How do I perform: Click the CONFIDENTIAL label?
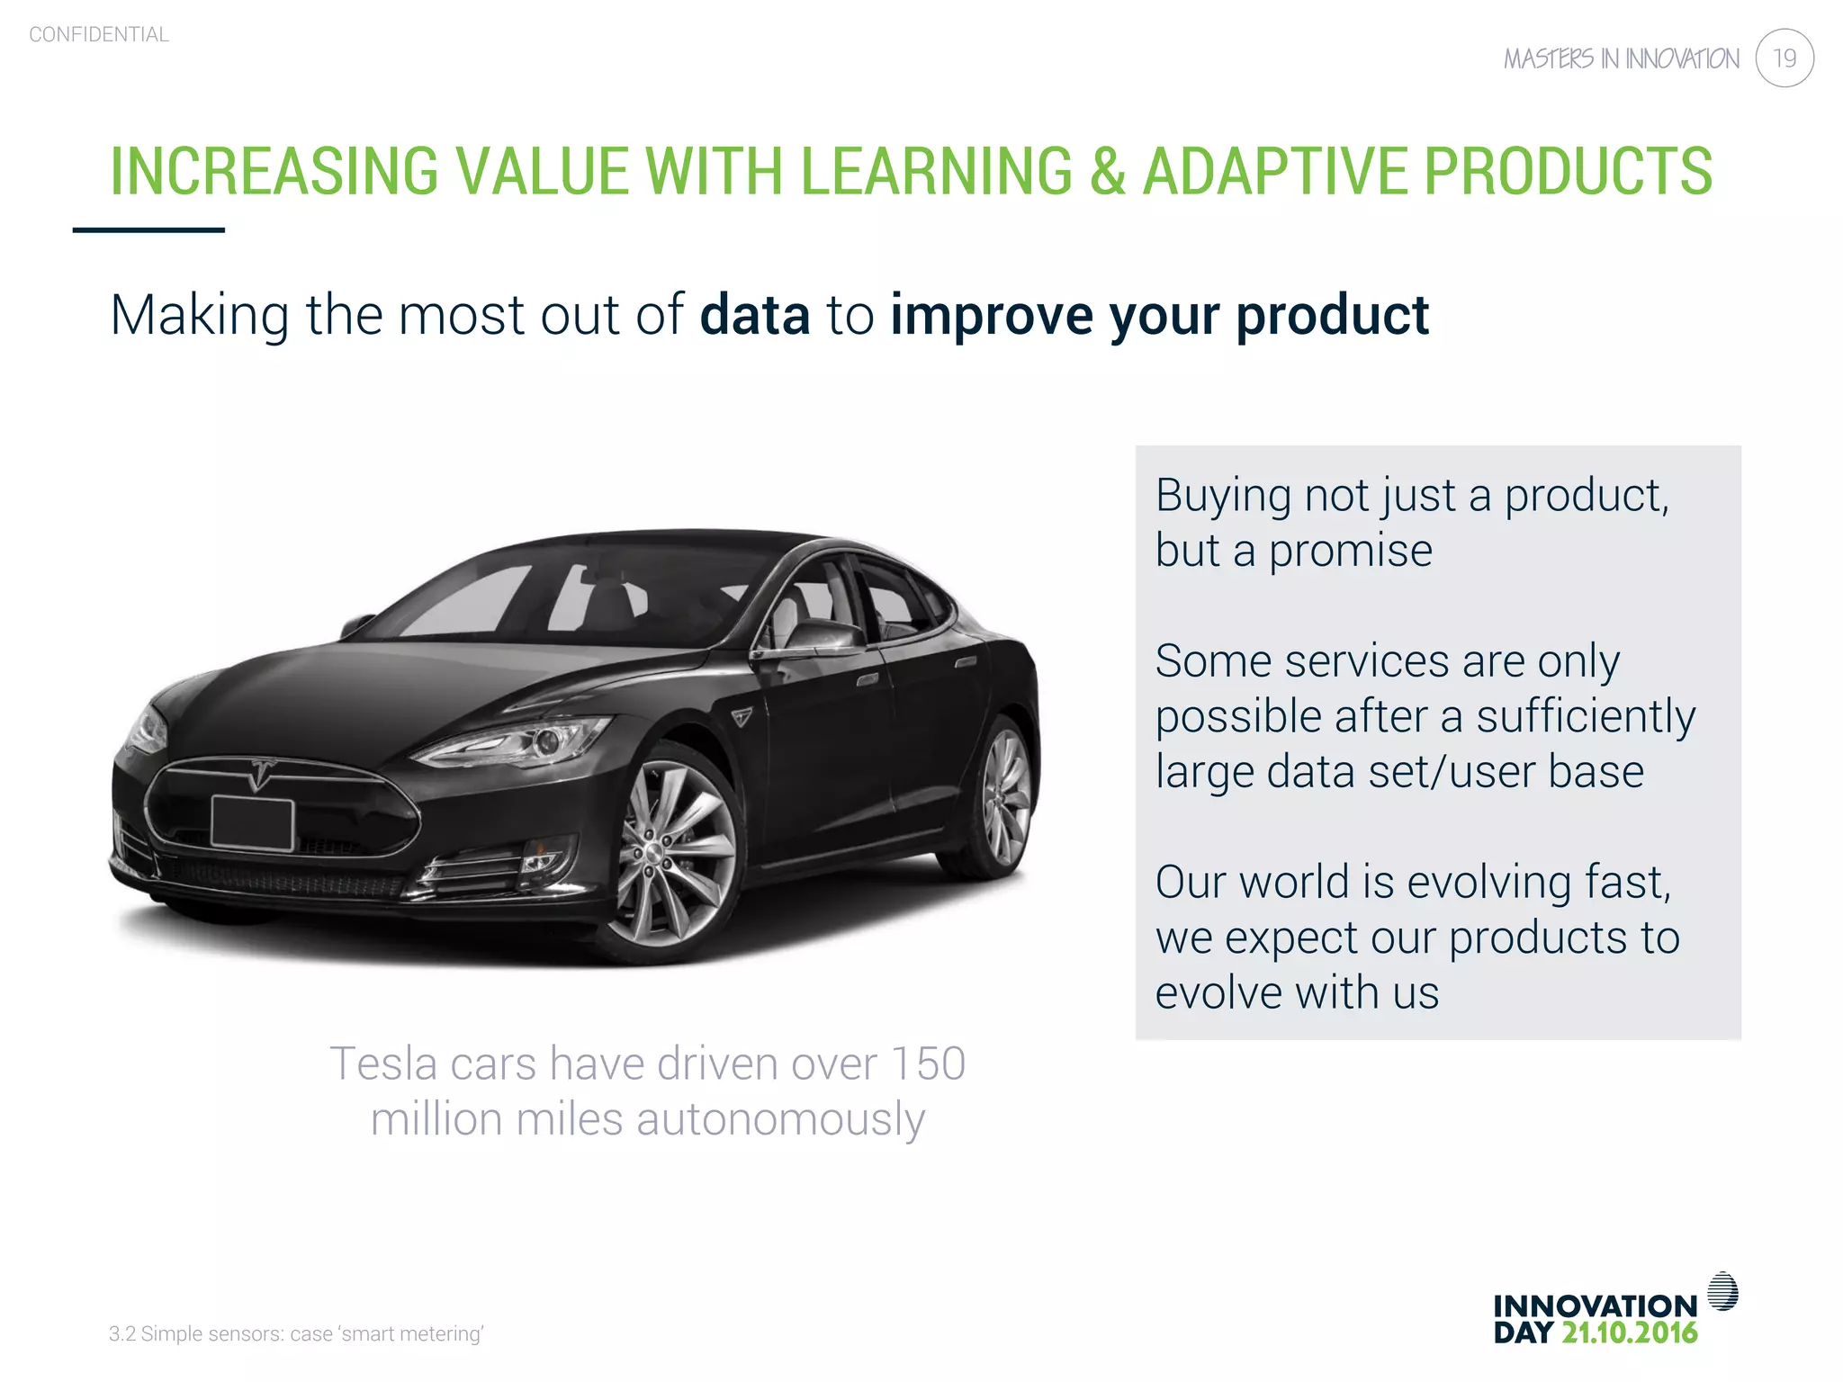(x=99, y=35)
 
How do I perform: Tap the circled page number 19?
(x=1784, y=58)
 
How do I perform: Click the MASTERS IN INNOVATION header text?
(x=1621, y=59)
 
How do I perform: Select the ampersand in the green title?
(x=1108, y=171)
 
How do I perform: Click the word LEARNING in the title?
(x=936, y=171)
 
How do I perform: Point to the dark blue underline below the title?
(x=148, y=230)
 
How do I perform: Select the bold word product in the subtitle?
(x=1332, y=316)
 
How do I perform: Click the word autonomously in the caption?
(x=780, y=1119)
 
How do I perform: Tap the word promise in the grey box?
(x=1350, y=551)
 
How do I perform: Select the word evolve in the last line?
(x=1217, y=993)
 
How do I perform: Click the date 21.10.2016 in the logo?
(x=1629, y=1333)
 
